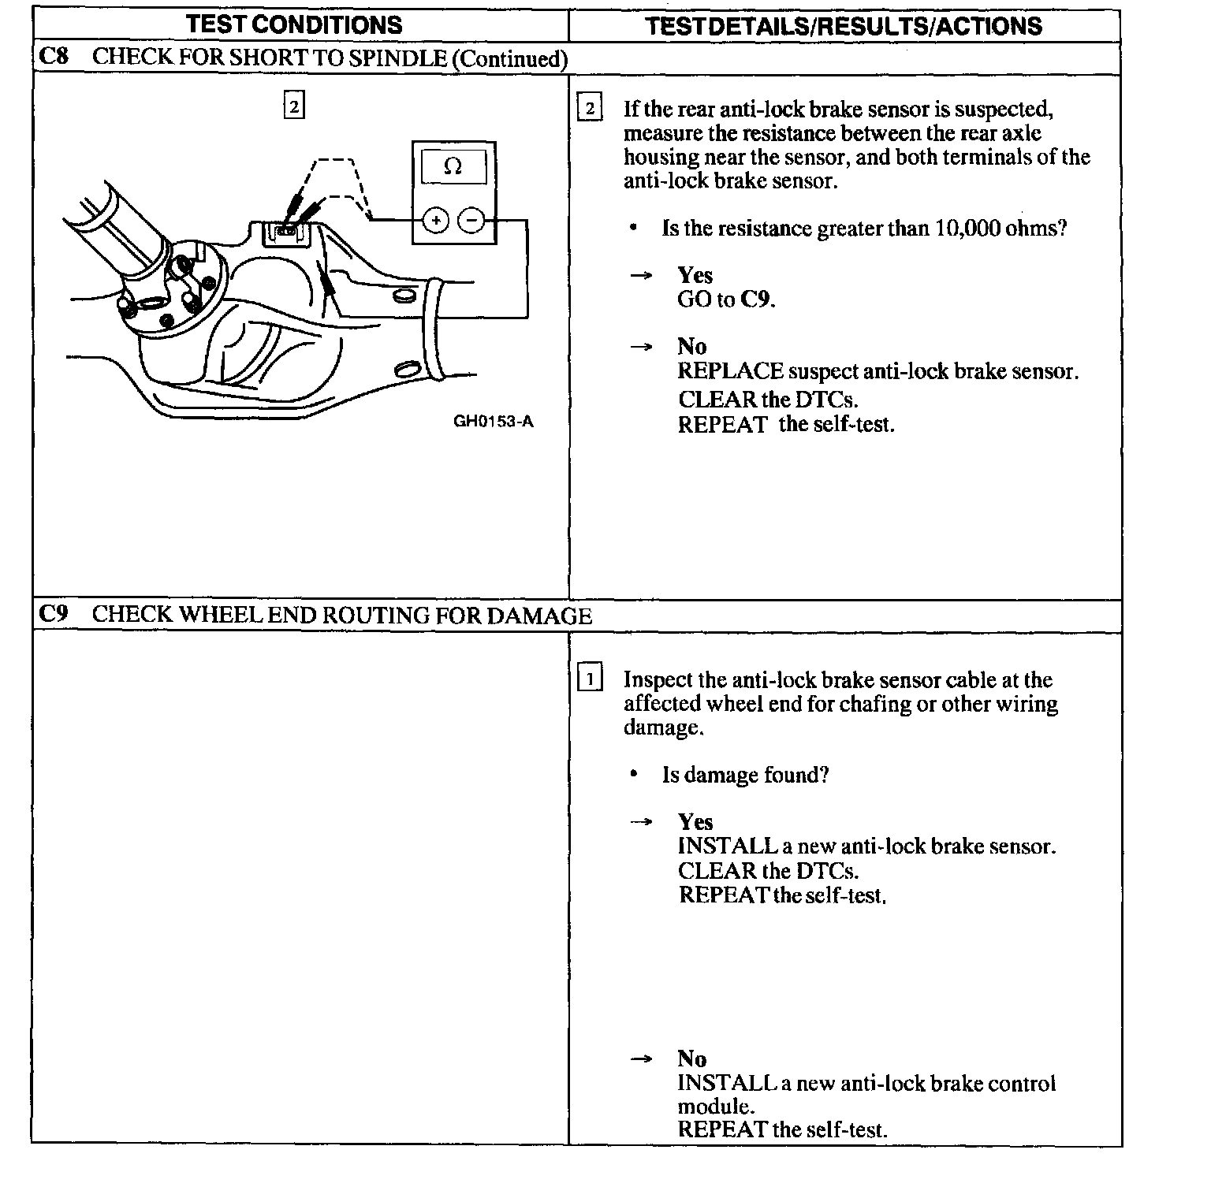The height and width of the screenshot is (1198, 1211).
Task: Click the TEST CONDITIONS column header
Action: pos(294,24)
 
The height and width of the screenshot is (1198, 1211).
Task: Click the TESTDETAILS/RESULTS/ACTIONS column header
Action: pos(844,26)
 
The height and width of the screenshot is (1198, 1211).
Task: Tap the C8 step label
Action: pos(53,58)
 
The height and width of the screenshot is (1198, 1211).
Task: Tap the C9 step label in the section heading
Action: pos(53,615)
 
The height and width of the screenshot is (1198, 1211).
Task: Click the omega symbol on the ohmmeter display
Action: pos(453,166)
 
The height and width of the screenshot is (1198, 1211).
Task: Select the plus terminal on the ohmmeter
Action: pos(435,221)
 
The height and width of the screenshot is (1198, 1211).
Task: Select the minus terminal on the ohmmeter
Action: pos(471,221)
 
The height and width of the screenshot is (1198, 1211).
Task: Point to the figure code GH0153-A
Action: pos(493,422)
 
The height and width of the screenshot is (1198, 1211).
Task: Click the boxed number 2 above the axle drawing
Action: pos(293,106)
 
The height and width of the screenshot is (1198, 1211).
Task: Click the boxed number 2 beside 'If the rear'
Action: pos(590,108)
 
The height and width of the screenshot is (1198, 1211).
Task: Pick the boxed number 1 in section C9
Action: pos(590,679)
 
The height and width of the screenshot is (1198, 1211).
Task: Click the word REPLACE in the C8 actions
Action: pos(730,371)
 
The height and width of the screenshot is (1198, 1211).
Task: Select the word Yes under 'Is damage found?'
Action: pos(695,822)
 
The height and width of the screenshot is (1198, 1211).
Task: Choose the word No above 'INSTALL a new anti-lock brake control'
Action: pos(691,1058)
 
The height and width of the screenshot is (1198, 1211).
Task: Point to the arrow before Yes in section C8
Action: pos(641,275)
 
